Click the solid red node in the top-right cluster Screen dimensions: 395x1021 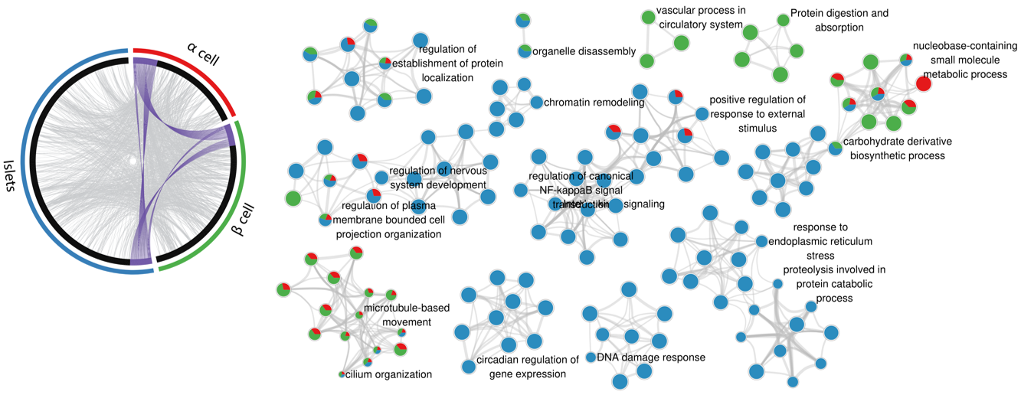coord(924,83)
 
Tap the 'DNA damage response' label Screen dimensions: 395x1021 coord(651,357)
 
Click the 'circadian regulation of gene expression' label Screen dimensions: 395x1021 coord(527,367)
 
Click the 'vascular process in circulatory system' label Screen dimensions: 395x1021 coord(700,18)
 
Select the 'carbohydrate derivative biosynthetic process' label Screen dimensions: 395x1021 coord(897,149)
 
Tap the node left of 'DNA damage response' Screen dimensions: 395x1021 coord(591,357)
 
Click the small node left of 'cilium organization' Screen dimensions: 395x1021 coord(342,374)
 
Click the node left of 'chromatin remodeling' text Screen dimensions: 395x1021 coord(538,102)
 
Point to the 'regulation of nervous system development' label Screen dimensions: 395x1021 coord(438,178)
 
